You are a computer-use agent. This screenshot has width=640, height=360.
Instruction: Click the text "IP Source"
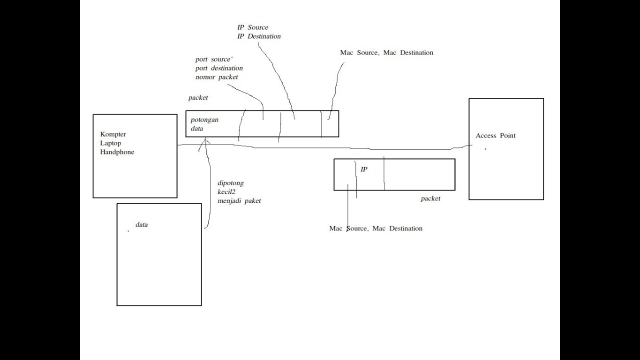point(252,27)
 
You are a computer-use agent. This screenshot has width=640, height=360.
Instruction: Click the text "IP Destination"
point(259,36)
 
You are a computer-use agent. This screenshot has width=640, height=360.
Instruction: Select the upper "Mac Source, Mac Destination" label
point(386,52)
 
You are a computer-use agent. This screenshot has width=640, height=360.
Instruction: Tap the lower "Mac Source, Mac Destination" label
point(375,228)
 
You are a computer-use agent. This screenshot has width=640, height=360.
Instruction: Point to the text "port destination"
point(219,68)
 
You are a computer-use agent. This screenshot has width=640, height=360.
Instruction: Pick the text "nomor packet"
point(216,77)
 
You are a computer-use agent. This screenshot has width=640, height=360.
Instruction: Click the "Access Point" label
point(495,135)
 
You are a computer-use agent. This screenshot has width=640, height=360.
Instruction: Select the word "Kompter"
point(113,134)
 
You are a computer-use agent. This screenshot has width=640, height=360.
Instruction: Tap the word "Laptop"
point(110,143)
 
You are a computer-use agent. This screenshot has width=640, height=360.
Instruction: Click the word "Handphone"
point(117,152)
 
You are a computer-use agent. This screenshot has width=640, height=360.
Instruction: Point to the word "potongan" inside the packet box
point(204,120)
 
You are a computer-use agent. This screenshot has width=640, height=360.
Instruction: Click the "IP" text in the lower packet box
point(364,169)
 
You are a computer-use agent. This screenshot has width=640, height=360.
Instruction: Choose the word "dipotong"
point(230,183)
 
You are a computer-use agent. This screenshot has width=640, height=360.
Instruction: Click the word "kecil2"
point(226,192)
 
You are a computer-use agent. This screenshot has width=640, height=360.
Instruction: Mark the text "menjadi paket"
point(239,201)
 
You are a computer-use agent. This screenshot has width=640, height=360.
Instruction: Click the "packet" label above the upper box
point(198,98)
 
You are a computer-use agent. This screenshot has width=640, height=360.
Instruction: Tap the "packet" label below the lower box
point(430,198)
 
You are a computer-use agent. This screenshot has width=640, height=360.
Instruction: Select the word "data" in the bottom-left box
point(141,225)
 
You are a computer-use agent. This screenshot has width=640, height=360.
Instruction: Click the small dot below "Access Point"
point(485,149)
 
